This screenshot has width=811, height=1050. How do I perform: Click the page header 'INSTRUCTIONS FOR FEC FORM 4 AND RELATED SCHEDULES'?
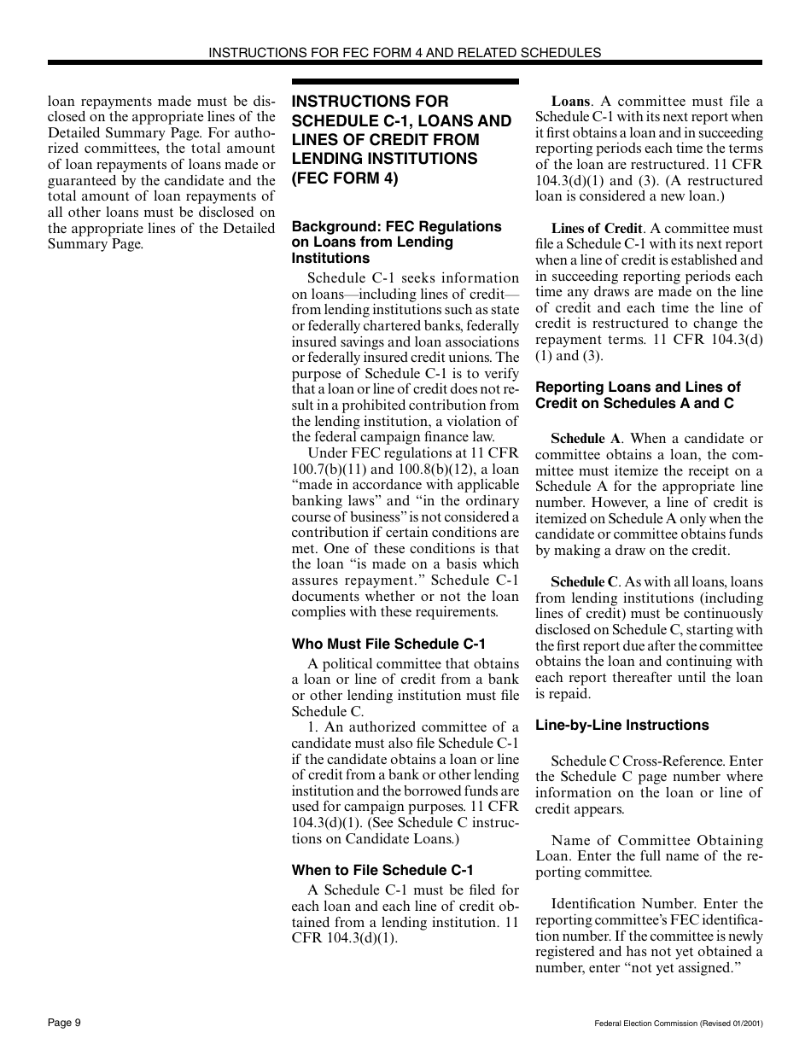[405, 53]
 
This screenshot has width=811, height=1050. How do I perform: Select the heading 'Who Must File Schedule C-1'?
[388, 645]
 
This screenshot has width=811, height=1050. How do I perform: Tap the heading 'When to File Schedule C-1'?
[382, 871]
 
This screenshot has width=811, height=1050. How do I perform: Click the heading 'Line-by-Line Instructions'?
[621, 725]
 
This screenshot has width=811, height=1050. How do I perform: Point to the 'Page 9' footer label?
[64, 1023]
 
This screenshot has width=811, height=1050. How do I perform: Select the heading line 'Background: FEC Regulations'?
[396, 226]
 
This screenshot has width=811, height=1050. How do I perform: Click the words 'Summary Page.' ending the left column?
[96, 244]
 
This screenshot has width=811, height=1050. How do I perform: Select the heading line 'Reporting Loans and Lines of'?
[638, 387]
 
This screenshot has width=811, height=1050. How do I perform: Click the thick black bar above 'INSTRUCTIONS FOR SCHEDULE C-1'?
[405, 82]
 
